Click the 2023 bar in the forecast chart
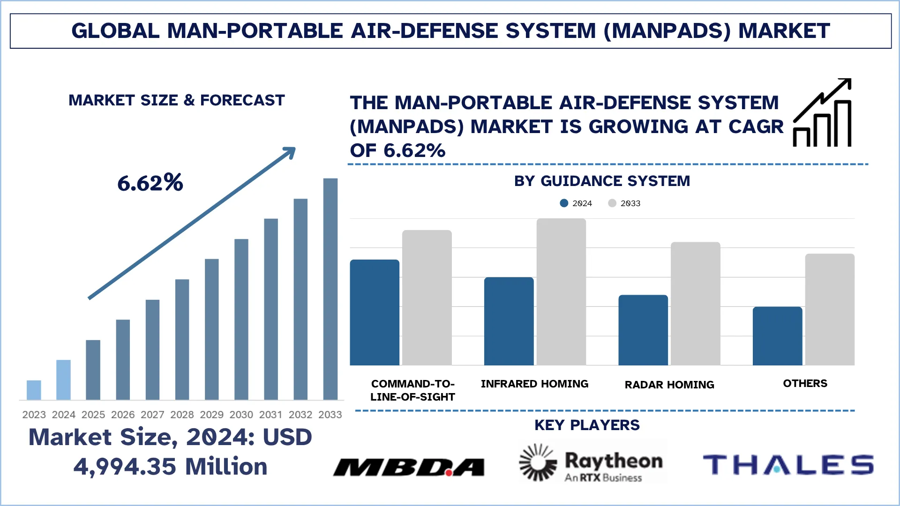(x=34, y=390)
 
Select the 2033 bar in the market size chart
(x=330, y=289)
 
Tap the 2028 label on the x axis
(x=182, y=415)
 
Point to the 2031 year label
(x=270, y=415)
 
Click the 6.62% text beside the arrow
(x=150, y=183)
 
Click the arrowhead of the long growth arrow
(x=289, y=153)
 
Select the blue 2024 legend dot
(x=564, y=203)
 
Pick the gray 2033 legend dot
(x=612, y=203)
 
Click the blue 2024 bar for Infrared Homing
(x=509, y=321)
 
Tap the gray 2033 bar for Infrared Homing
(x=561, y=292)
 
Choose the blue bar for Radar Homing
(x=643, y=330)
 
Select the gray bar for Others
(x=829, y=309)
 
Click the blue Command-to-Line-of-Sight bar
(x=375, y=313)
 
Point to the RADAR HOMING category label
(x=669, y=385)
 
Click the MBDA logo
(x=409, y=467)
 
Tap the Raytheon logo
(x=593, y=463)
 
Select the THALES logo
(x=788, y=465)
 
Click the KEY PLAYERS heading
(x=586, y=425)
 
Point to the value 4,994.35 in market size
(x=125, y=467)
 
